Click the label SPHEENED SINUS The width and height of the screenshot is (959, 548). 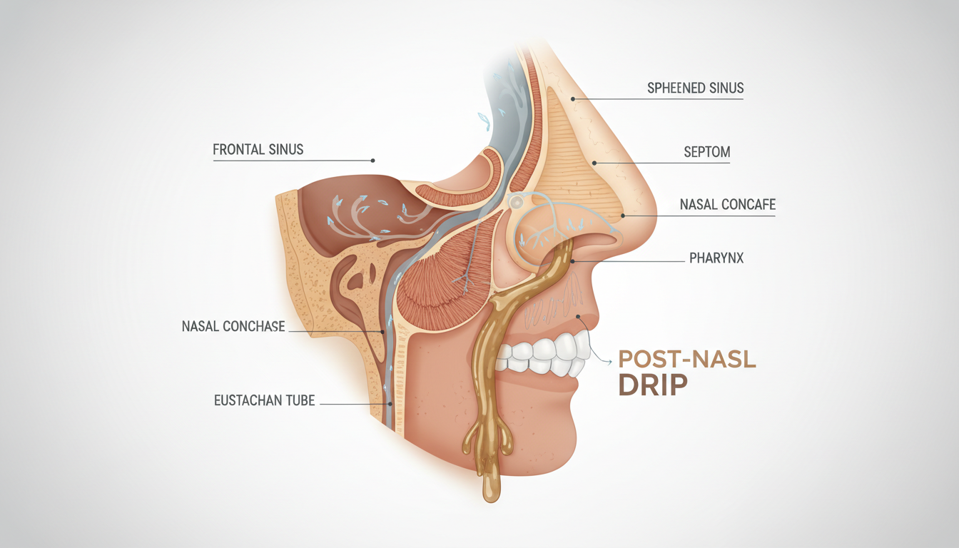point(695,88)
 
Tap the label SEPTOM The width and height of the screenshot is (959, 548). point(706,152)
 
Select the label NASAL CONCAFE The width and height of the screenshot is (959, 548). point(727,205)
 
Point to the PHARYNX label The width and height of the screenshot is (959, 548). point(716,258)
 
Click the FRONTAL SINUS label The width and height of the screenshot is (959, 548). point(258,150)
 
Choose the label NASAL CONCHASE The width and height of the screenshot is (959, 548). point(233,327)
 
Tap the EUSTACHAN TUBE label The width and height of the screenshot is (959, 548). point(264,400)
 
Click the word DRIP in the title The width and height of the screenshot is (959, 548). point(652,385)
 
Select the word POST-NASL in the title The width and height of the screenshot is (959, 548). point(686,359)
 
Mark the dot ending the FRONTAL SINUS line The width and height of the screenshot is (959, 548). point(372,161)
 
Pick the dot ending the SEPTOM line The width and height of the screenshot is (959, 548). point(595,163)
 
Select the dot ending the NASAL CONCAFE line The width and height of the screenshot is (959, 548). point(623,215)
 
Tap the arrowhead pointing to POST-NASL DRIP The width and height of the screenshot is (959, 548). point(610,363)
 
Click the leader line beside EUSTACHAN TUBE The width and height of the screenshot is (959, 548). point(357,405)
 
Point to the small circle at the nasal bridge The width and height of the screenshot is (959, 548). point(516,203)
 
